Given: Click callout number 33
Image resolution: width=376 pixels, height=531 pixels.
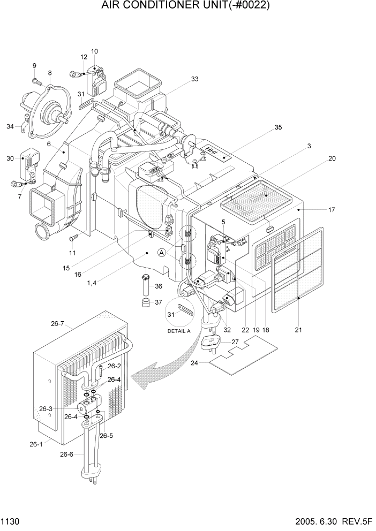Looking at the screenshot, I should coord(194,79).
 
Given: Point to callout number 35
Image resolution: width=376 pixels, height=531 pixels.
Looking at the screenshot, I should coord(277,127).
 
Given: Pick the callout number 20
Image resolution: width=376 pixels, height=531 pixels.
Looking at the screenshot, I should coord(332,158).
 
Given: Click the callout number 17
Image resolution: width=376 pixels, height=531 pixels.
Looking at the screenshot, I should coord(332,210).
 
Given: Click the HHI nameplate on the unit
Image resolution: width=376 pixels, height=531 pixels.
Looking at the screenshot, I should coord(215,152).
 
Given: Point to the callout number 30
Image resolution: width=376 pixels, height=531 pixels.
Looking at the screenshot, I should coord(10,158).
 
